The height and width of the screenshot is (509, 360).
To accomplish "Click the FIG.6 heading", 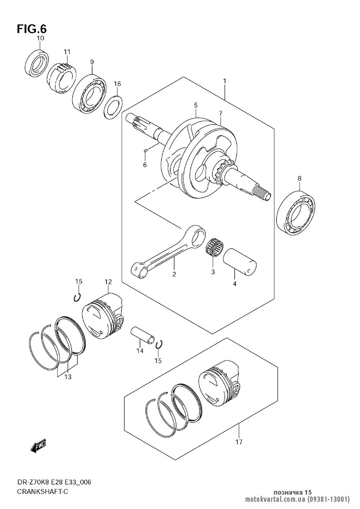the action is (32, 29).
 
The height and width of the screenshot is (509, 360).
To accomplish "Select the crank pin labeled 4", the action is (240, 262).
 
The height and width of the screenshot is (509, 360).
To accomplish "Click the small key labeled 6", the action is (146, 150).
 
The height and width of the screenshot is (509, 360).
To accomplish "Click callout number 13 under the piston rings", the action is (68, 377).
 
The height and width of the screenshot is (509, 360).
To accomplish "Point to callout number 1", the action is (224, 81).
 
